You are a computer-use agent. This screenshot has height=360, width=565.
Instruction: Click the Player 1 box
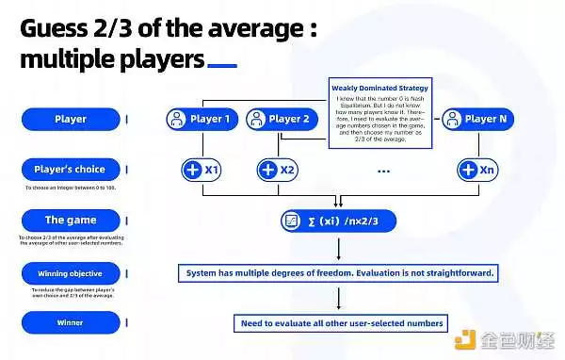tap(201, 120)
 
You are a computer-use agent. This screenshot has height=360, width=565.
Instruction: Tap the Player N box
tap(477, 120)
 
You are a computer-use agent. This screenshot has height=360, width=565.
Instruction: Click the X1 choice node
tap(201, 171)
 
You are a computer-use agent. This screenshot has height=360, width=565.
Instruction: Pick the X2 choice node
tap(276, 171)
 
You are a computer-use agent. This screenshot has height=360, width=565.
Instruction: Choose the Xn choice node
tap(476, 171)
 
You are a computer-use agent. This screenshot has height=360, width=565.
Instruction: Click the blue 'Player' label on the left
tap(71, 120)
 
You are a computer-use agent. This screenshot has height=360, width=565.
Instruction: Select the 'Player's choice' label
tap(71, 170)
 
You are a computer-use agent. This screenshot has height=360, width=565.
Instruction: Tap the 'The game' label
tap(71, 221)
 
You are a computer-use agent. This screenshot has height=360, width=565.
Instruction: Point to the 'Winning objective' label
tap(71, 274)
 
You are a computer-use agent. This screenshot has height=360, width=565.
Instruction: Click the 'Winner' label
tap(71, 322)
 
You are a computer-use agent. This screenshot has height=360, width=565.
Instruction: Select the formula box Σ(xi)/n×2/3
tap(338, 221)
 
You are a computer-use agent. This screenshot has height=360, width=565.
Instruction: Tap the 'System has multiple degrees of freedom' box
tap(338, 273)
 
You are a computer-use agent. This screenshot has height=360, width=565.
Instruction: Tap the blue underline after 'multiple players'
tap(221, 66)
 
